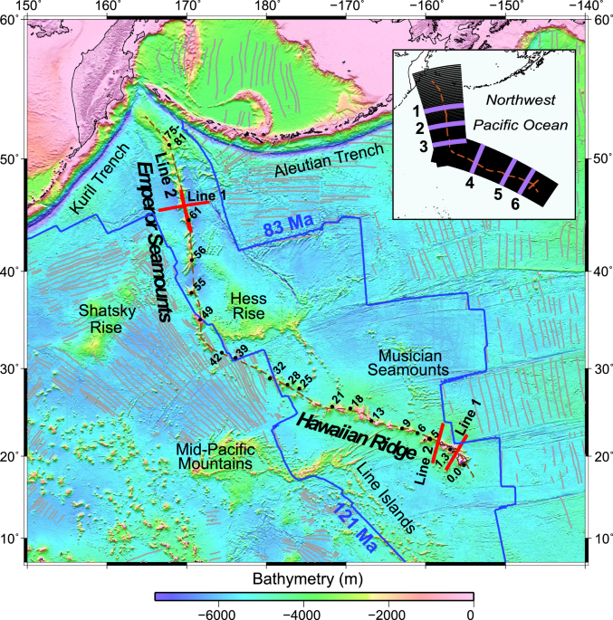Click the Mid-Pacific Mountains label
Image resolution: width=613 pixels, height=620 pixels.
214,456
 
